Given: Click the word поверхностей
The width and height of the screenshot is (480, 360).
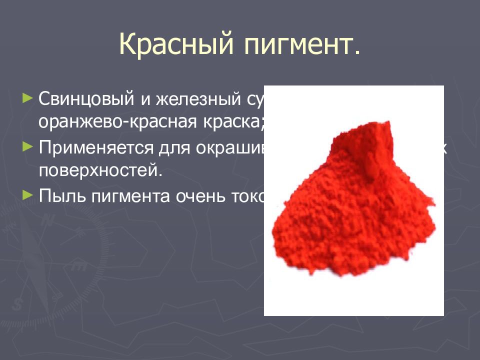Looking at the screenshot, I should pos(98,171).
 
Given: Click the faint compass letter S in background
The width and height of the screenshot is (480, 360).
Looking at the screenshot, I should pos(18,302).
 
